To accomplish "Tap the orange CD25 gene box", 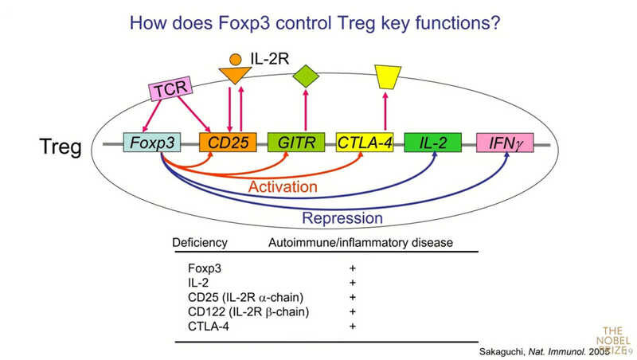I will pos(229,144).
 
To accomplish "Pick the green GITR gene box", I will pos(297,144).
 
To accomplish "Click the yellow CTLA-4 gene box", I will pos(365,144).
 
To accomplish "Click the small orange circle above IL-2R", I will pos(235,58).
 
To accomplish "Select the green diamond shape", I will pos(306,76).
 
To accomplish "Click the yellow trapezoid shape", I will pos(388,76).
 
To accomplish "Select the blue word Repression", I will pos(342,217).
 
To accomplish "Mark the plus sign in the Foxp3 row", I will pos(352,268).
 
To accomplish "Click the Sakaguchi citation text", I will pos(551,350).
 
